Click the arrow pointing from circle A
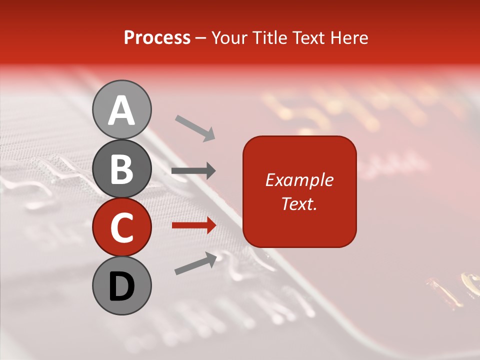(x=195, y=127)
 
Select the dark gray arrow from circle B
(x=193, y=171)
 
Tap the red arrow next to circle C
(x=193, y=225)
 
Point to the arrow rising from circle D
(x=195, y=263)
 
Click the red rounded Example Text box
(x=299, y=191)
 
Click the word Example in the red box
(x=299, y=180)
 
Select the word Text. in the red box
(x=299, y=203)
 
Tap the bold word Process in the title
(x=157, y=37)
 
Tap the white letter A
(x=121, y=110)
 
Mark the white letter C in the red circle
(x=121, y=227)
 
